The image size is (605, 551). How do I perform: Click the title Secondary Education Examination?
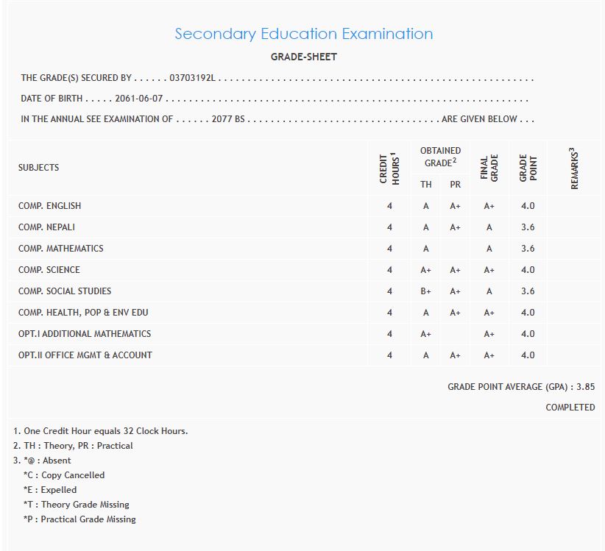click(x=303, y=34)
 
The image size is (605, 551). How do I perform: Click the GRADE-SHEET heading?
click(x=304, y=57)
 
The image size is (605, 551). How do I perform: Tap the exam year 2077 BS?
click(x=227, y=119)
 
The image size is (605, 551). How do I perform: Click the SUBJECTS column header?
click(x=38, y=168)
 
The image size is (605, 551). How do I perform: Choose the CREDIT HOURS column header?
click(x=389, y=168)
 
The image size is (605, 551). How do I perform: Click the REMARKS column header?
click(x=575, y=168)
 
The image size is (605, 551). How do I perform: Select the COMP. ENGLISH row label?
click(x=49, y=206)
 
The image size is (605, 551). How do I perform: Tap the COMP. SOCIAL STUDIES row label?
click(x=65, y=291)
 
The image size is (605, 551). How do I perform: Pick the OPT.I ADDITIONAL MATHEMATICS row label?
click(x=85, y=334)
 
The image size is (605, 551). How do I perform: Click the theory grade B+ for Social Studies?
click(x=425, y=291)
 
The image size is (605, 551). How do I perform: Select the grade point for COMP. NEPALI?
click(x=528, y=227)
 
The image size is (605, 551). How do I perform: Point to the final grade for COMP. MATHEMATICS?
click(x=489, y=249)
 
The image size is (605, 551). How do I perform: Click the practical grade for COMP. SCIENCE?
click(x=455, y=270)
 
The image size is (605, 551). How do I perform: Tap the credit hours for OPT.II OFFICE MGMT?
click(x=389, y=355)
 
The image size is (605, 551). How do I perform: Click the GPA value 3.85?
click(x=585, y=387)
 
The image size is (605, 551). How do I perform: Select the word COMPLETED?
click(x=570, y=408)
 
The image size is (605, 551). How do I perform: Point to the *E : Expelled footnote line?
click(x=50, y=490)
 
